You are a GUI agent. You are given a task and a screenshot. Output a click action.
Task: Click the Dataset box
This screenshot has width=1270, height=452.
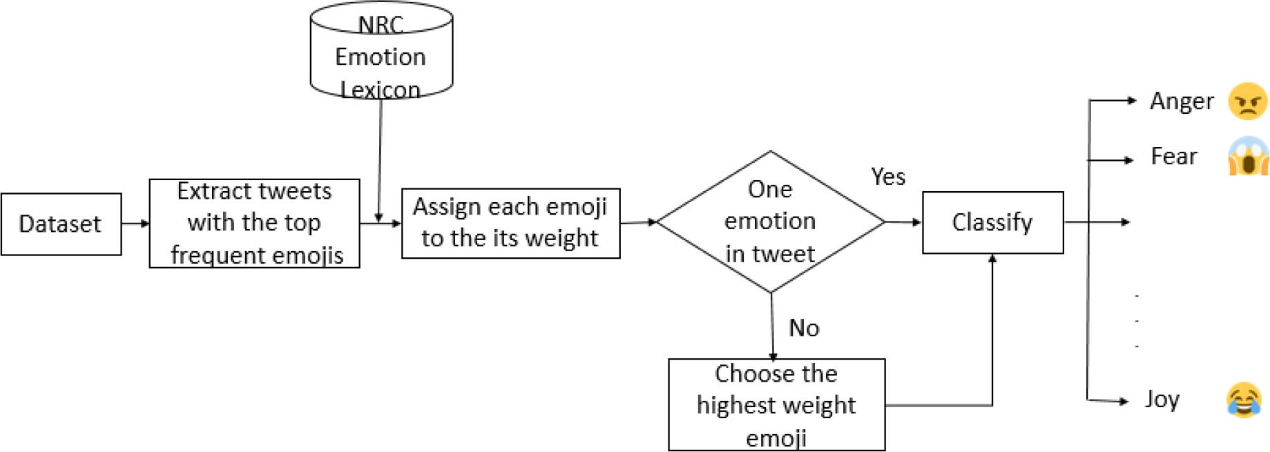coord(61,224)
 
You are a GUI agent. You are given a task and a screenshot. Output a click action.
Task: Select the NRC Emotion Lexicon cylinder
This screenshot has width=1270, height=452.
coord(381,55)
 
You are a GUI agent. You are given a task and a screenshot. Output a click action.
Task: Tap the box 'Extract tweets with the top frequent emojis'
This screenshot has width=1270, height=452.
coord(254,223)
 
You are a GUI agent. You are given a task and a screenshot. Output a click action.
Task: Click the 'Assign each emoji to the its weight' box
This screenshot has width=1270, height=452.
coord(510,223)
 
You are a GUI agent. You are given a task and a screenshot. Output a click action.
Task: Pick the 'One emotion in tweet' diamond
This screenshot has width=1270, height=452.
coord(770,222)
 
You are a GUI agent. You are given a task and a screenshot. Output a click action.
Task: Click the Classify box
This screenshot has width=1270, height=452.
coord(992,222)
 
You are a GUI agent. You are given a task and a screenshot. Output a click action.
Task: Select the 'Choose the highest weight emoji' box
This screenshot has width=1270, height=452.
coord(776,405)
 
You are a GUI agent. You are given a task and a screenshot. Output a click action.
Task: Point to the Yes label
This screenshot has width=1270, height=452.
coord(887,177)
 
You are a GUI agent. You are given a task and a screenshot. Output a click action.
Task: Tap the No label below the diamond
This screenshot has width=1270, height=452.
coord(804,328)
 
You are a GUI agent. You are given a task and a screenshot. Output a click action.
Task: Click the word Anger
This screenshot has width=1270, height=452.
coord(1181,101)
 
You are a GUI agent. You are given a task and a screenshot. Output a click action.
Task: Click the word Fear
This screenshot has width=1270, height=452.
coord(1173,157)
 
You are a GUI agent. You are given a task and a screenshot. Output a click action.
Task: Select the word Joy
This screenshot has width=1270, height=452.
coord(1162,400)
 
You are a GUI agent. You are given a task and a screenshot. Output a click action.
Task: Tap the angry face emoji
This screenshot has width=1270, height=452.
coord(1247,101)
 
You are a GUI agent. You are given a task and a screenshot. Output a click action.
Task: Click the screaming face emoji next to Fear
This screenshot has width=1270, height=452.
coord(1248,156)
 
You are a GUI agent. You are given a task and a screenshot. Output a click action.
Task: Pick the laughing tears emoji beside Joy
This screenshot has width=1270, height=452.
coord(1244,400)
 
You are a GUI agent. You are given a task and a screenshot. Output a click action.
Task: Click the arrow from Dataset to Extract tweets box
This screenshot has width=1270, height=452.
coord(135,224)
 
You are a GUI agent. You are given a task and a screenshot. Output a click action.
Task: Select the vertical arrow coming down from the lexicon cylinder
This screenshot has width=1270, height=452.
coord(380,159)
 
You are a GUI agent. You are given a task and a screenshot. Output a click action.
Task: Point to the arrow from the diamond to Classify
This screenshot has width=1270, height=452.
coord(903,222)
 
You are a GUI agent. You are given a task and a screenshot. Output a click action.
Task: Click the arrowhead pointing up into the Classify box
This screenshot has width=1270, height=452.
coord(992,259)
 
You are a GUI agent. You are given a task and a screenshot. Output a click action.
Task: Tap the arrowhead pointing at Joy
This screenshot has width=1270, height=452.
coord(1124,401)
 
